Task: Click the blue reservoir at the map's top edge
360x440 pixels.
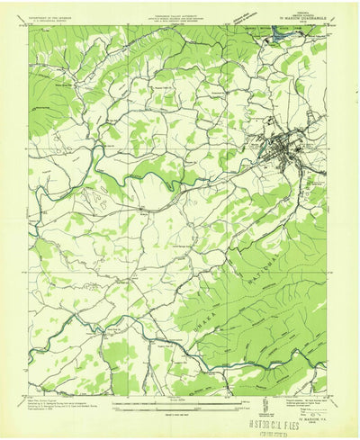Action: click(x=269, y=40)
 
